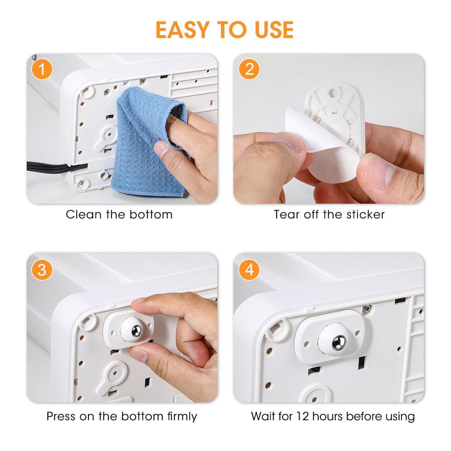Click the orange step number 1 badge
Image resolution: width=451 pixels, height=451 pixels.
pos(42,69)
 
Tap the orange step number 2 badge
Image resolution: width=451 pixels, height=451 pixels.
pos(249,69)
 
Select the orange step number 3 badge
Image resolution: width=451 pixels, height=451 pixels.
pos(42,270)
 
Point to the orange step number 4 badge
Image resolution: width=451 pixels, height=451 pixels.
pos(249,270)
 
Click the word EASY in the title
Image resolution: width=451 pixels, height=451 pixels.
pos(182,30)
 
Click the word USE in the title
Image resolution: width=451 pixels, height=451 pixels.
pos(274,30)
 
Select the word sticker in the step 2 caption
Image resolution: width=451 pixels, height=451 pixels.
pos(365,215)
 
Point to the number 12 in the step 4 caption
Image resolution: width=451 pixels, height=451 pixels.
pos(303,416)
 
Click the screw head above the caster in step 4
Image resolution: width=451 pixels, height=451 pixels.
pos(366,309)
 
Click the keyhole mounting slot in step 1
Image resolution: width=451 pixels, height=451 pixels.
pos(107,135)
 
